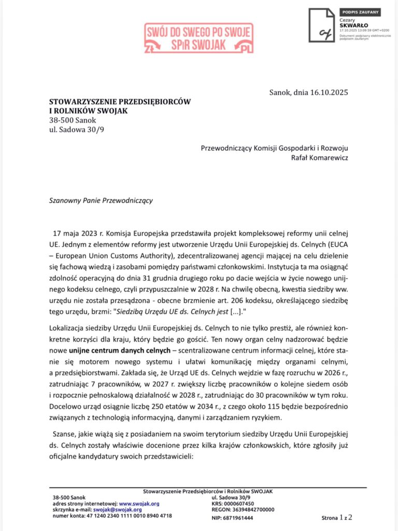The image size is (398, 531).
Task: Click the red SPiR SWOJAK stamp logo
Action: (199, 39)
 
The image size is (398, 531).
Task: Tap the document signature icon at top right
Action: (321, 25)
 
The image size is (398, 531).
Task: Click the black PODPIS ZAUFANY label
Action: (360, 11)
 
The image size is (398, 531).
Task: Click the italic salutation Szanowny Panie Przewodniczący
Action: (101, 200)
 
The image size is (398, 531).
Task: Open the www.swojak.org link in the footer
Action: (139, 503)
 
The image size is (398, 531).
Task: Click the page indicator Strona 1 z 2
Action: (337, 517)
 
